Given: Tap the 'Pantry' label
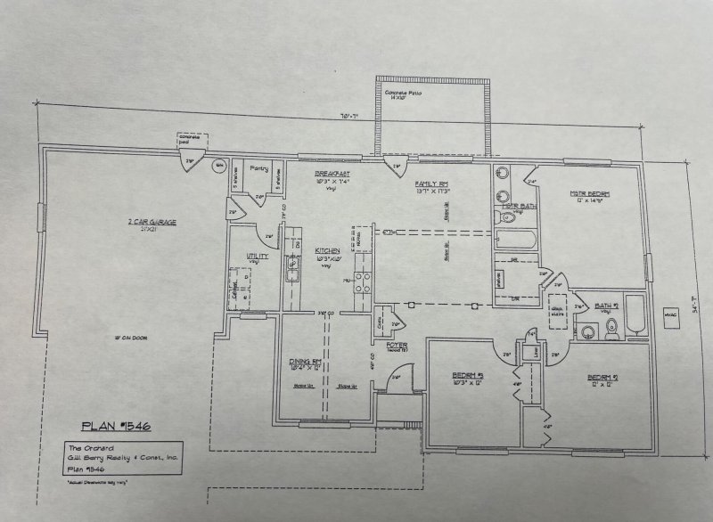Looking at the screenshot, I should [259, 167].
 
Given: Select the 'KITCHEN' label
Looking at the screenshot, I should [328, 251].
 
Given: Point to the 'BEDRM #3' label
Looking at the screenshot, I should [467, 375].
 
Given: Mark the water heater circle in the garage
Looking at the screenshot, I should [218, 166].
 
